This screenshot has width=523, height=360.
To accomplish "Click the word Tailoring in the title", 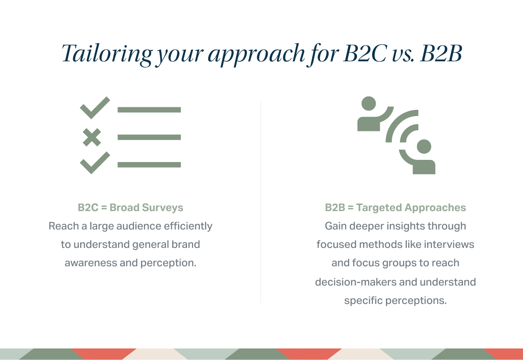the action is coord(107,54).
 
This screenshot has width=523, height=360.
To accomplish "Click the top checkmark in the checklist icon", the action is coord(95,107).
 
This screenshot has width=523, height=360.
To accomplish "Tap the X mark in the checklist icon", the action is coord(92,137).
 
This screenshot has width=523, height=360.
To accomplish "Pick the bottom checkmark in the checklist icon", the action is coord(95,162).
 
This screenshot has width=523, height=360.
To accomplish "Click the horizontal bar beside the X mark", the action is coord(149,137).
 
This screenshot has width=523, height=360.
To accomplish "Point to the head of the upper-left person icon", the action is coord(368,103).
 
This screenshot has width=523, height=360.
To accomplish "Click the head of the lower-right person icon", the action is coord(424,146).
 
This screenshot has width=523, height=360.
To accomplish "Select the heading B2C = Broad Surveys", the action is coord(131,208).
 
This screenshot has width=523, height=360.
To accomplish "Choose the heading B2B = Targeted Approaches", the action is coord(395,208).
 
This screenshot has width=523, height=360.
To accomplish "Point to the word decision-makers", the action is coord(356,282).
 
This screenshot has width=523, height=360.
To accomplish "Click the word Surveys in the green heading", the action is coord(163,208).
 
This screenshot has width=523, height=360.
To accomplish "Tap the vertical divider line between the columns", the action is coord(261,201).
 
